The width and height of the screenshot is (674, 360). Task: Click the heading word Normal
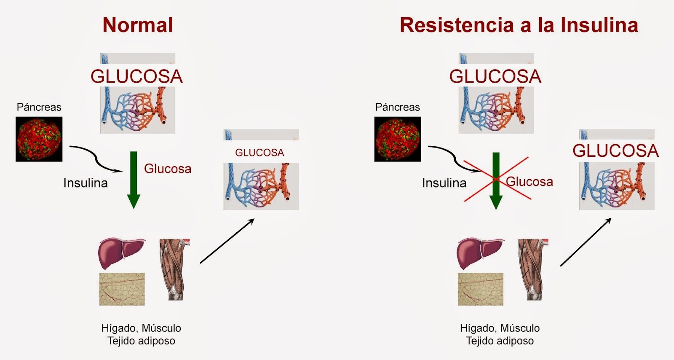(x=138, y=25)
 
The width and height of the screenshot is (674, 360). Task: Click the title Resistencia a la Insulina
(x=519, y=25)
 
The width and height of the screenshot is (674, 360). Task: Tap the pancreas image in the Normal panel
(x=39, y=139)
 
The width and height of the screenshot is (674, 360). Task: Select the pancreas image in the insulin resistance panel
(x=398, y=139)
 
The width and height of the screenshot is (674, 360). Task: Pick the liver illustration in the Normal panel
(x=121, y=253)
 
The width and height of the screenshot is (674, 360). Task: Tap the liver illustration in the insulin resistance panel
(x=480, y=253)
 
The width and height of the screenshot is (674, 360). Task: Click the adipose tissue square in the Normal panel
(x=122, y=289)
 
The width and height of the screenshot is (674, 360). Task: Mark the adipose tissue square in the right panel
(x=480, y=289)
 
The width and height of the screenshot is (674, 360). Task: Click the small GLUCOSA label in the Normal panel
(x=259, y=153)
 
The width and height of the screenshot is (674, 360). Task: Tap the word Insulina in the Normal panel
(x=86, y=183)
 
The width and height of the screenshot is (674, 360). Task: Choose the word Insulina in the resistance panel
(x=444, y=183)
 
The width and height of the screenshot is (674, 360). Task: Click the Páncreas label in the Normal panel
(x=39, y=107)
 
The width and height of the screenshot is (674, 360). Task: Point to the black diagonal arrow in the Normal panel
(x=227, y=241)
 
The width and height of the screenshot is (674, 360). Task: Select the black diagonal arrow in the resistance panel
(x=586, y=242)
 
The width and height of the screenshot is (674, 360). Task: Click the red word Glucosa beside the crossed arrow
(x=530, y=182)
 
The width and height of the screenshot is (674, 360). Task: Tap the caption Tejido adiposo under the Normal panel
(x=141, y=341)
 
